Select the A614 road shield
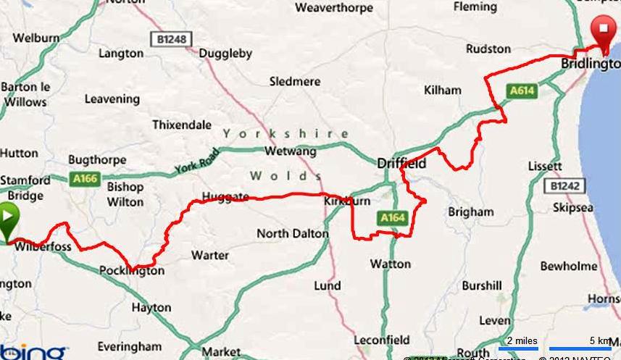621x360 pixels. [x=521, y=91]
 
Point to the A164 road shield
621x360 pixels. [x=391, y=216]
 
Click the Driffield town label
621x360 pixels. [x=401, y=164]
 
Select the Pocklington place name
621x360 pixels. [x=131, y=271]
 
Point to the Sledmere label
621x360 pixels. [x=294, y=82]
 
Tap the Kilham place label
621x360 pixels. [x=443, y=91]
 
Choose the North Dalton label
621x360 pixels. [x=293, y=234]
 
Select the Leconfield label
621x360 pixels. [x=382, y=340]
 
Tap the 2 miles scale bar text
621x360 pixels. [x=522, y=340]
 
